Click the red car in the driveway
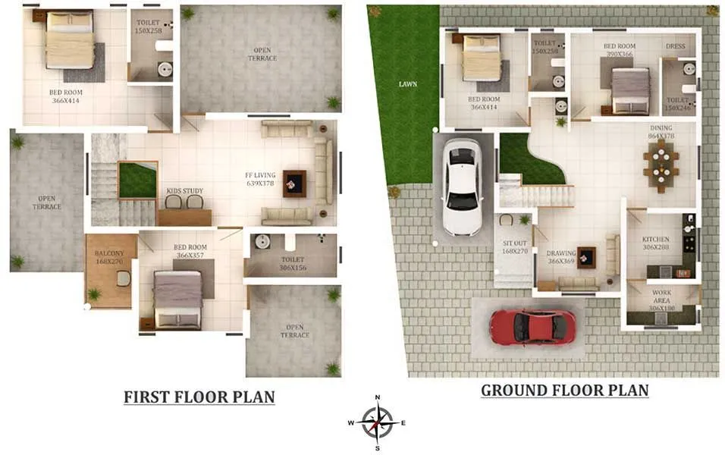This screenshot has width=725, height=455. tap(532, 326)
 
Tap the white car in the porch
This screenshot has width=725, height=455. tap(461, 186)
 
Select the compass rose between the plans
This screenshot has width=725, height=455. tap(377, 422)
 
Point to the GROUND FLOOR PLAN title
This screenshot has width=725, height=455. tap(564, 391)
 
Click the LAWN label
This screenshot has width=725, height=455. tap(407, 83)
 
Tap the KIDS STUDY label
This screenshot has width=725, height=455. tap(184, 191)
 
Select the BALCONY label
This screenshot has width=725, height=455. tap(110, 254)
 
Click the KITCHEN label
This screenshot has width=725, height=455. tap(655, 240)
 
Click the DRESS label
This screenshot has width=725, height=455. tap(675, 47)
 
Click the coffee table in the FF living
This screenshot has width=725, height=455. tap(294, 183)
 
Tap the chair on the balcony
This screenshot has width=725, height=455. tap(123, 278)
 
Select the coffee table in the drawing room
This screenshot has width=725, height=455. tap(585, 258)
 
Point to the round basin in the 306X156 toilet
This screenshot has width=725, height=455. tap(262, 242)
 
